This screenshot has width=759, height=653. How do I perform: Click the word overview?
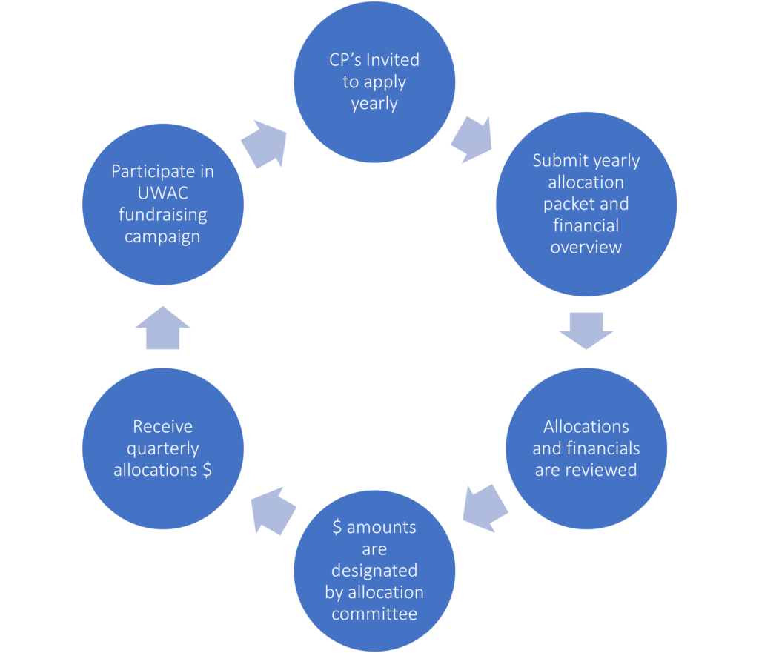coord(586,247)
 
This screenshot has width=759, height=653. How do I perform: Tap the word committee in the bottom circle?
coord(374,614)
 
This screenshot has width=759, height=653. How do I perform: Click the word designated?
coord(374,571)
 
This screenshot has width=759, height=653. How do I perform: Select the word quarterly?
coord(162,448)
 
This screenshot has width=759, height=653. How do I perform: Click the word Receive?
coord(162,427)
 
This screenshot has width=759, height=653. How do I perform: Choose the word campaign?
coord(162,236)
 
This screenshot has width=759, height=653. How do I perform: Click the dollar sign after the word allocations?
coord(207,470)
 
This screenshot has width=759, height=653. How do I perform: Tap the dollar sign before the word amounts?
coord(337,528)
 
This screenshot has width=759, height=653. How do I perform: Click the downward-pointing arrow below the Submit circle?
coord(586,330)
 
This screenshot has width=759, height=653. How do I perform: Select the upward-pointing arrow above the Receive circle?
coord(162,327)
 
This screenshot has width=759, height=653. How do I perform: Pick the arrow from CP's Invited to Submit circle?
coord(470,138)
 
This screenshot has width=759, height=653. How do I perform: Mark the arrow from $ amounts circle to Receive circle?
coord(273,509)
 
